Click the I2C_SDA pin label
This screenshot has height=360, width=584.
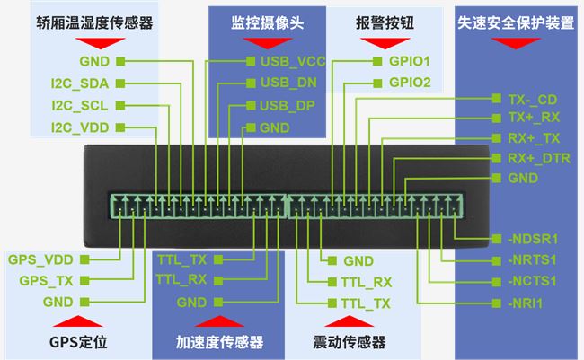click(x=80, y=83)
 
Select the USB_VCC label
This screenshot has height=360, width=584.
click(x=293, y=61)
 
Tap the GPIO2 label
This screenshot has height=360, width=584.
click(x=410, y=83)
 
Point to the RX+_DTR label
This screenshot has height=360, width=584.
click(x=539, y=159)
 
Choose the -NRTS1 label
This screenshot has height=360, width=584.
click(x=532, y=259)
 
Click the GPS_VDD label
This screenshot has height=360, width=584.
click(x=40, y=259)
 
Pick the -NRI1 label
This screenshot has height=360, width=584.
click(x=526, y=303)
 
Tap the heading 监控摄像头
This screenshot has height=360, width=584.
click(x=268, y=23)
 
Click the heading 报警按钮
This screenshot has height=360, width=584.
click(x=385, y=23)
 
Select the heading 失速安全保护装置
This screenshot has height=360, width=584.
click(x=516, y=23)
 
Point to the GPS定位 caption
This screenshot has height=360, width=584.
click(x=78, y=342)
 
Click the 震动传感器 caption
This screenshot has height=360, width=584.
click(x=349, y=342)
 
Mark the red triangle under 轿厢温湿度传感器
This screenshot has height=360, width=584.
click(x=101, y=43)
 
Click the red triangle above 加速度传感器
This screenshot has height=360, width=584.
click(x=219, y=321)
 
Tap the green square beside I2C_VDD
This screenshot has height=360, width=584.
click(x=120, y=127)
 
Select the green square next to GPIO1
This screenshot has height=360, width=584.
click(x=377, y=61)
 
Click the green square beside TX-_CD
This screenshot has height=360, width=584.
click(x=497, y=99)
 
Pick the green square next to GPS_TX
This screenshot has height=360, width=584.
click(x=85, y=280)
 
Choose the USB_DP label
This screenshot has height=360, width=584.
click(x=288, y=106)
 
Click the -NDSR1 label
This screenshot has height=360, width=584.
click(x=533, y=239)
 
